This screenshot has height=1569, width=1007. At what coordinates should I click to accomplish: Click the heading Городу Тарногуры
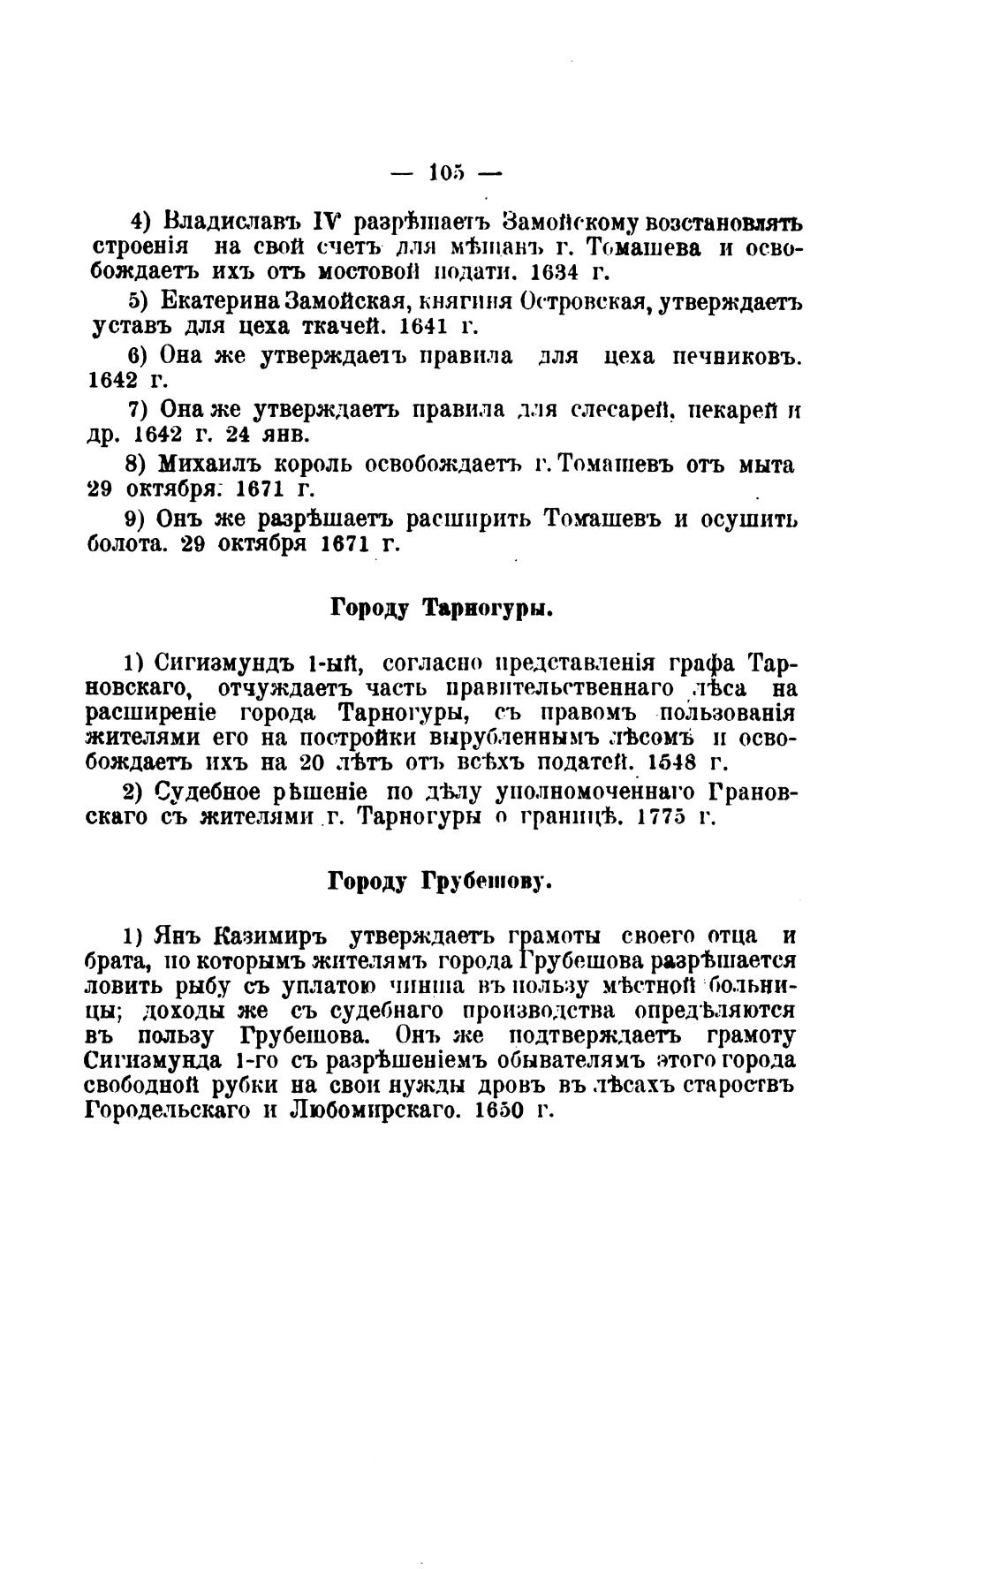[441, 609]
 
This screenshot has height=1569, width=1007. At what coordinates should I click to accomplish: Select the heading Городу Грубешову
[439, 881]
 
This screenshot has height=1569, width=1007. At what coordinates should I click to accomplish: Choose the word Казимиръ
[271, 936]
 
